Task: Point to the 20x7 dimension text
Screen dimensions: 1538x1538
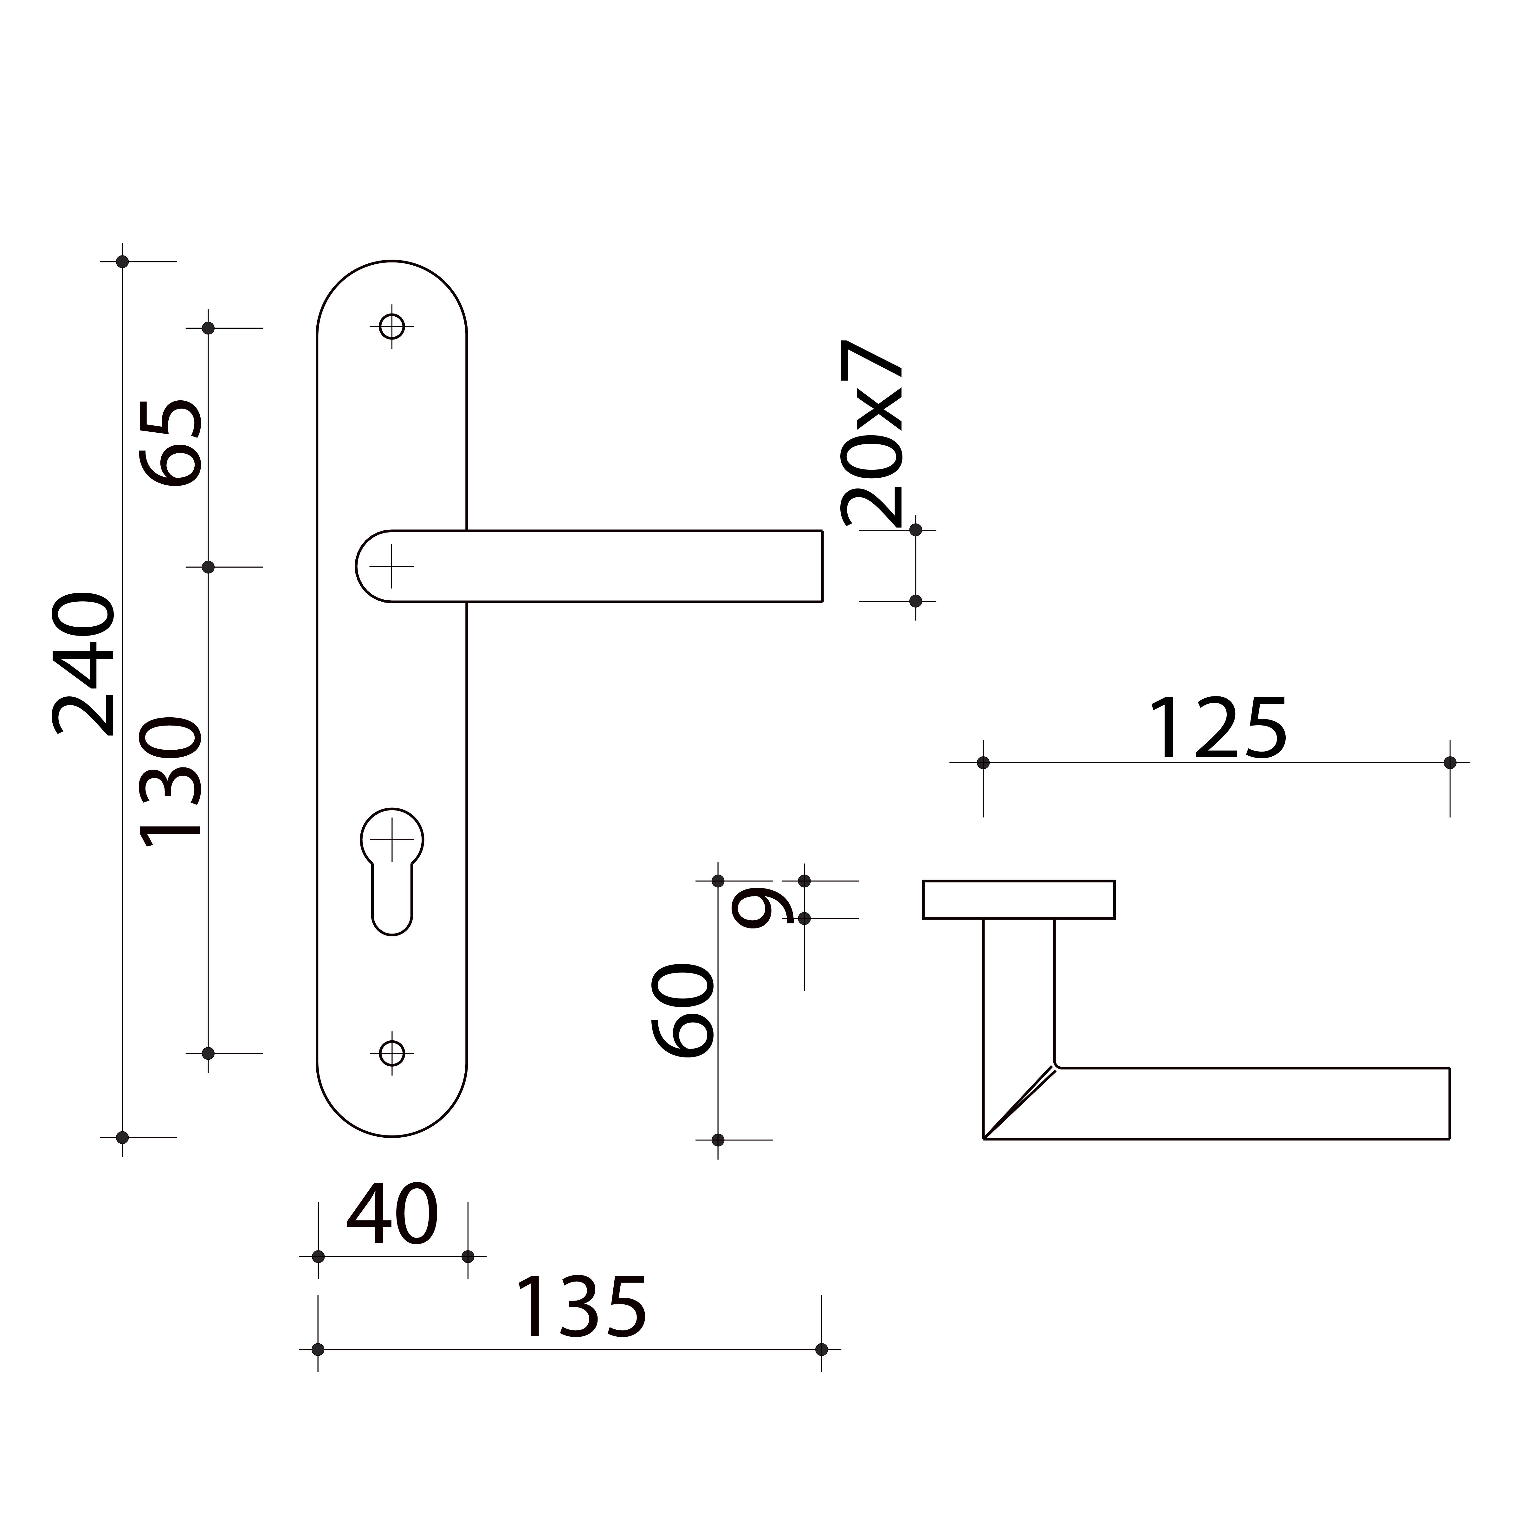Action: click(872, 434)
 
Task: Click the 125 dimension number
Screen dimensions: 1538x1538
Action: click(1218, 728)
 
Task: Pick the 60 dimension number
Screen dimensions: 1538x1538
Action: click(682, 1010)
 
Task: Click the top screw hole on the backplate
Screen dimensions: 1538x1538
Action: click(392, 326)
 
